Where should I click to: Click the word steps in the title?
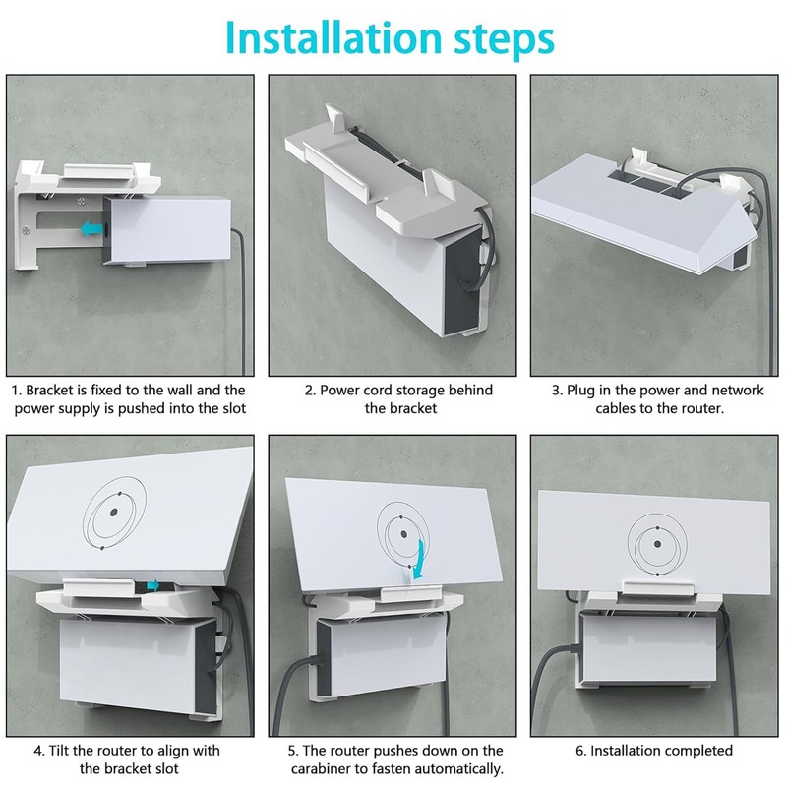point(500,38)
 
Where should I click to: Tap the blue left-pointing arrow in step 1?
point(91,228)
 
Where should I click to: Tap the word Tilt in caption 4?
point(65,751)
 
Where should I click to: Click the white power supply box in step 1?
point(167,229)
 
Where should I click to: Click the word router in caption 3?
point(696,408)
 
